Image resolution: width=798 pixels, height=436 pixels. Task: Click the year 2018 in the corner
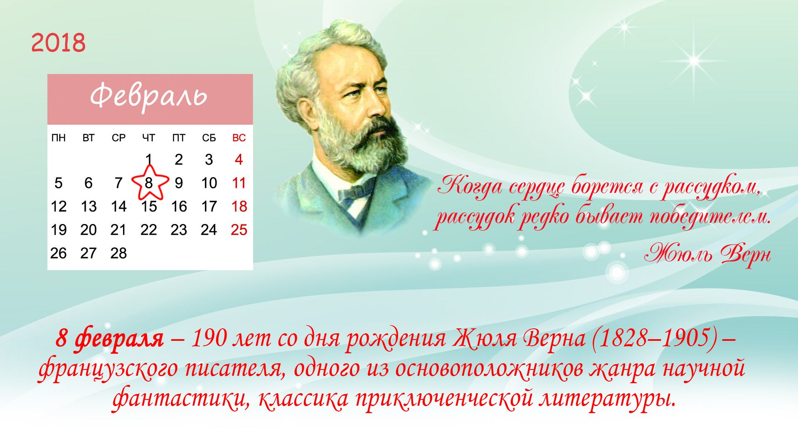point(58,43)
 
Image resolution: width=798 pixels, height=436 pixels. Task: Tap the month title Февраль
point(148,96)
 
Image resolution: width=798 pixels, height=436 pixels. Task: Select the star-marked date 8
point(149,183)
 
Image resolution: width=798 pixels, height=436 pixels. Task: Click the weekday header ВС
point(239,138)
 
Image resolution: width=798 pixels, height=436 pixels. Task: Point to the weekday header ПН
point(59,138)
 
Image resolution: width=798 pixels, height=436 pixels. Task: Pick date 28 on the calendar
point(118,253)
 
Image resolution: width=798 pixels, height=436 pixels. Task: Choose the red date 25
point(239,230)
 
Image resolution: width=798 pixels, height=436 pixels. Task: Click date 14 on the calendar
point(118,207)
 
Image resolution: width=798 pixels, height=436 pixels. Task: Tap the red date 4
point(239,160)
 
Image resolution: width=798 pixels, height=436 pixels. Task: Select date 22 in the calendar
point(149,230)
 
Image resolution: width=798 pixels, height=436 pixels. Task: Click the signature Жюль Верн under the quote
point(708,254)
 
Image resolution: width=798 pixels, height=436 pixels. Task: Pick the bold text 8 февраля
point(109,339)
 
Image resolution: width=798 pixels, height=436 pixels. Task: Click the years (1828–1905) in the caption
point(654,338)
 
